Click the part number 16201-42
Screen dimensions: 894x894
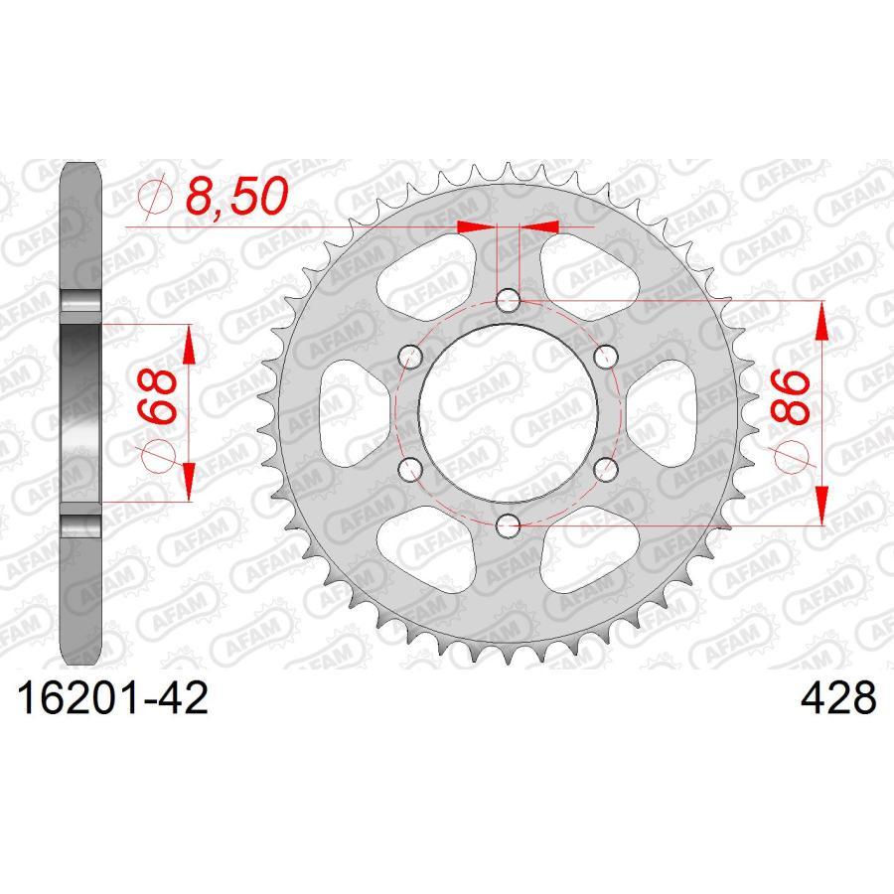pyautogui.click(x=109, y=697)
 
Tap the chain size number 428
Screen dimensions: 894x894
pyautogui.click(x=838, y=697)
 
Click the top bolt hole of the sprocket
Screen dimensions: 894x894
pyautogui.click(x=508, y=298)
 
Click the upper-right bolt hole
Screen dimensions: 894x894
pyautogui.click(x=606, y=355)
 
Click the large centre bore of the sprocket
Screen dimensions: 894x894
pyautogui.click(x=508, y=411)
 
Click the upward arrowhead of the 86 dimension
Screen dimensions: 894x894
pyautogui.click(x=823, y=320)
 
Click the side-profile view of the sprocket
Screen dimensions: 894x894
pyautogui.click(x=82, y=411)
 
